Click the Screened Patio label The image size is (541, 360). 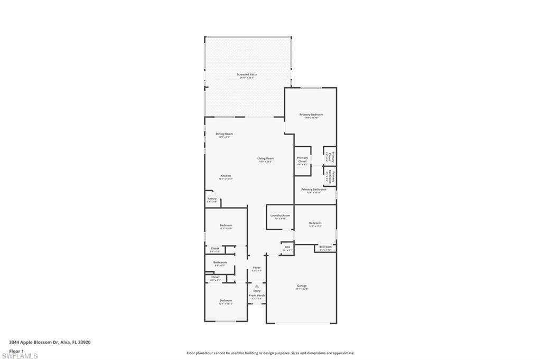pyautogui.click(x=247, y=75)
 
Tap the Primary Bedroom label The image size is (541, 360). pyautogui.click(x=311, y=115)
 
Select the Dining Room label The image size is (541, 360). pyautogui.click(x=225, y=134)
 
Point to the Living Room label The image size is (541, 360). pyautogui.click(x=266, y=158)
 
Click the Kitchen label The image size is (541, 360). pyautogui.click(x=226, y=176)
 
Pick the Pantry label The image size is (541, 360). pyautogui.click(x=212, y=199)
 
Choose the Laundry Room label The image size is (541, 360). pyautogui.click(x=280, y=215)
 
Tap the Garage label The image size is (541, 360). pyautogui.click(x=302, y=286)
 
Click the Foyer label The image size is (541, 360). pyautogui.click(x=257, y=268)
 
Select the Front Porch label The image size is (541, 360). pyautogui.click(x=257, y=296)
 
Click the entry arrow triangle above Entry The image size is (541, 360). pyautogui.click(x=257, y=287)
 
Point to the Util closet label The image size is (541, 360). pyautogui.click(x=287, y=247)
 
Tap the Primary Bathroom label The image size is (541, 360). pyautogui.click(x=314, y=190)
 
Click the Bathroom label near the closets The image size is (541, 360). pyautogui.click(x=220, y=262)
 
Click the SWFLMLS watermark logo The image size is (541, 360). pyautogui.click(x=20, y=356)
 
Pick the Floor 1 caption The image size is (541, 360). pyautogui.click(x=16, y=350)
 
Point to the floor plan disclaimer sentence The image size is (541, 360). pyautogui.click(x=270, y=353)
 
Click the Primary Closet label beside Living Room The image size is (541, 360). pyautogui.click(x=302, y=159)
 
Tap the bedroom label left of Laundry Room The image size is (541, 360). pyautogui.click(x=226, y=225)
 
